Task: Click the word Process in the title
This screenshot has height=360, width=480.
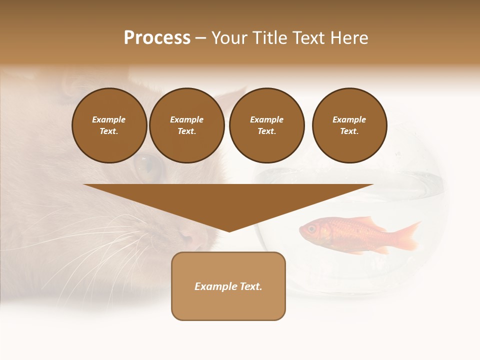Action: pos(157,38)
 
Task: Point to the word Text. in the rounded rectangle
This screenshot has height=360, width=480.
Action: pos(250,286)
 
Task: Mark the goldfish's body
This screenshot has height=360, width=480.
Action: pos(345,232)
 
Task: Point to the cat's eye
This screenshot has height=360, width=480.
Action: pos(149,167)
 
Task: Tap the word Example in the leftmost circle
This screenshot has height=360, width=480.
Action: pos(109,119)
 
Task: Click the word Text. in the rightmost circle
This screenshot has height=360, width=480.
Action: pos(349,131)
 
